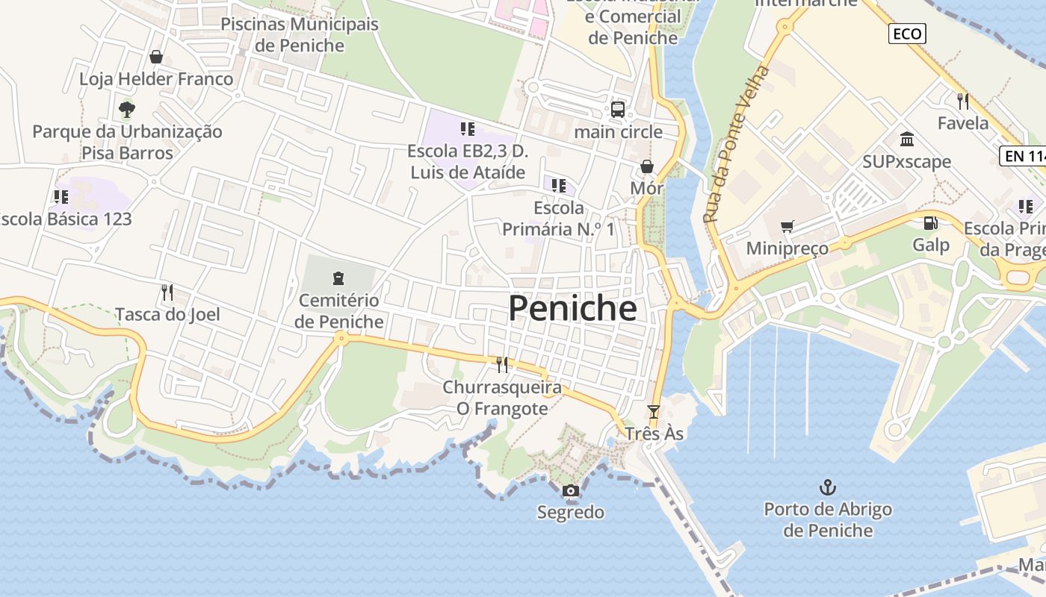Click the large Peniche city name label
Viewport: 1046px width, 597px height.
click(572, 309)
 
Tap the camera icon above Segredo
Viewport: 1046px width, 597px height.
click(570, 490)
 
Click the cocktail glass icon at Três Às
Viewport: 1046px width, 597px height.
click(654, 411)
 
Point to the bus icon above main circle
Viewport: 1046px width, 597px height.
click(618, 110)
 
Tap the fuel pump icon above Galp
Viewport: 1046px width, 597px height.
click(930, 222)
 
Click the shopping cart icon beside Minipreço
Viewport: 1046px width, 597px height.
click(787, 226)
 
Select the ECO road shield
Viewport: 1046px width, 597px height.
click(907, 34)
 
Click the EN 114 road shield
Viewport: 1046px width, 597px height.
click(1023, 156)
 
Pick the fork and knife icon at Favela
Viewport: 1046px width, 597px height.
click(963, 100)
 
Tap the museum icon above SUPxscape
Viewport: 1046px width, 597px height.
click(907, 139)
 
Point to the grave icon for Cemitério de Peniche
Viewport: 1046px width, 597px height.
click(338, 278)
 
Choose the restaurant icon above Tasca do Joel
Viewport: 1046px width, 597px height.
click(167, 292)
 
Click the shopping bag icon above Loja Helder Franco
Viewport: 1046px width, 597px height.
click(156, 57)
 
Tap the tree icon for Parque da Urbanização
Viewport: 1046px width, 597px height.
click(127, 110)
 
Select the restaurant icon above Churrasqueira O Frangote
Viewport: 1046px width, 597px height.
click(502, 364)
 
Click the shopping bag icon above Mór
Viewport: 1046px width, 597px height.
click(646, 166)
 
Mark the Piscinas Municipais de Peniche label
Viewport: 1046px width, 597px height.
click(300, 34)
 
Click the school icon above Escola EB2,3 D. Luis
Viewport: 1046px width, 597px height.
click(468, 129)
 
